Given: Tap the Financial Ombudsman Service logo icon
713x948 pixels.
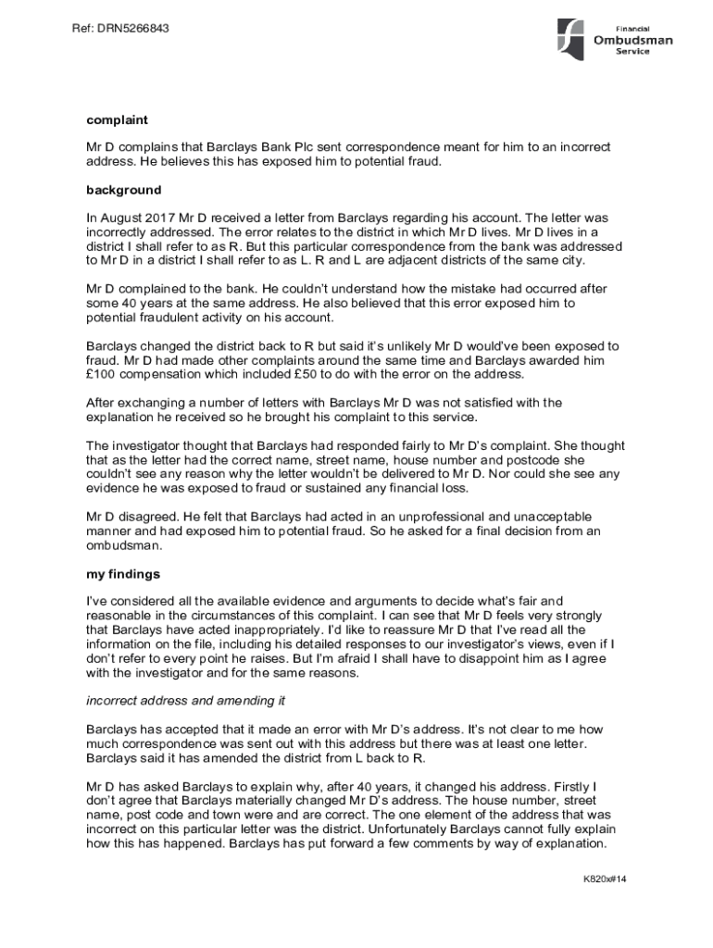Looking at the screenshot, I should [569, 40].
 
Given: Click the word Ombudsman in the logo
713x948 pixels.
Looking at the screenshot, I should [633, 40].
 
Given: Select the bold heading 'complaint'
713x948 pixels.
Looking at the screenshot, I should [118, 120].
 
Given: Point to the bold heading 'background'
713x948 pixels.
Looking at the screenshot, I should [124, 190].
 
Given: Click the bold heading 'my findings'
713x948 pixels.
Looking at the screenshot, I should [123, 574].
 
